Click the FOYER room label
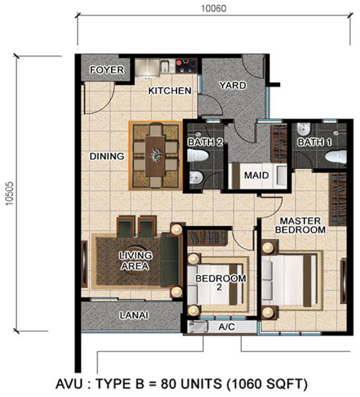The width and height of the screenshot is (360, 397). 107,70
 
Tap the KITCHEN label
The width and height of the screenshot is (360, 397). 169,91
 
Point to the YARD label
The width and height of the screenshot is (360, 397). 233,85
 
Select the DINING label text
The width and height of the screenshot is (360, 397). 107,156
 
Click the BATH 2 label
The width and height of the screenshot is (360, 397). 205,142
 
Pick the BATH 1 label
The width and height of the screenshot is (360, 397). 314,142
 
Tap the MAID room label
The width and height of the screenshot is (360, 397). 256,175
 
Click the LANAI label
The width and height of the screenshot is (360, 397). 134,315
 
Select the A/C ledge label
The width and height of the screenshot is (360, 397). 226,327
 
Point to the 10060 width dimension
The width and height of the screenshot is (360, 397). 214,9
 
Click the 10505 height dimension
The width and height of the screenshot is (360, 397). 10,193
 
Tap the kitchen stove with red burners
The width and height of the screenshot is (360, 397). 187,66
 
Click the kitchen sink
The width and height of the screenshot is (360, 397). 165,66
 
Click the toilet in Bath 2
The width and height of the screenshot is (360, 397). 198,155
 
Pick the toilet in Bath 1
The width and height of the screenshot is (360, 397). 336,157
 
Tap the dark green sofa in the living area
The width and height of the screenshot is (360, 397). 171,260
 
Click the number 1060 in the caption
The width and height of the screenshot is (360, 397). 246,384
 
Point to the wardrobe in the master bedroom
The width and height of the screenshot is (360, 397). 337,199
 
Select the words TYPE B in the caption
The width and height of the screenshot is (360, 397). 119,384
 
